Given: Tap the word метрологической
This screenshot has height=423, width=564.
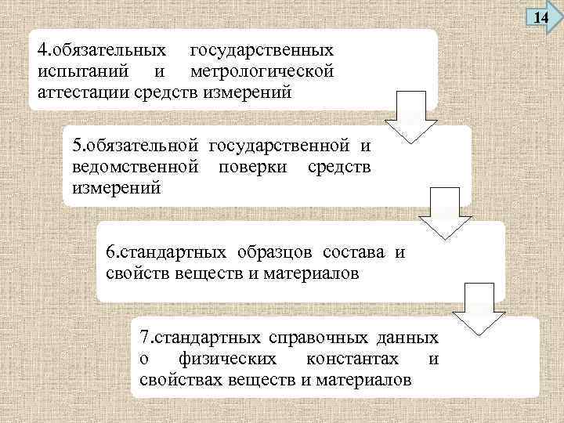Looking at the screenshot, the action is pos(262,71).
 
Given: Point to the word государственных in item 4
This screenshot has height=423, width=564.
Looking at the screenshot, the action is pos(262,50).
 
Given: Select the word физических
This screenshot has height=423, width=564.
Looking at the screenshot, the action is pos(227,360).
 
